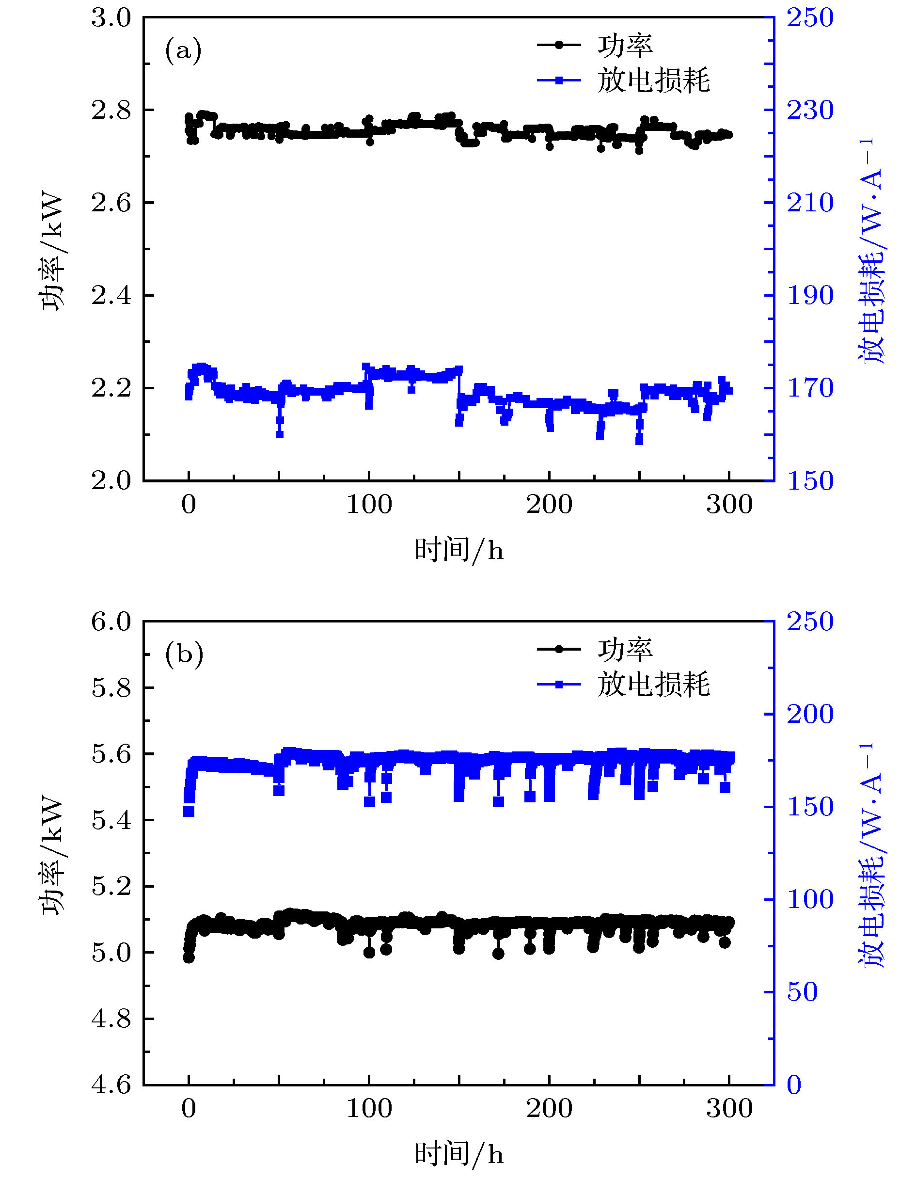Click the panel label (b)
point(184,654)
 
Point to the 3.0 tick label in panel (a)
point(111,18)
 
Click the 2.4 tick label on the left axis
point(111,296)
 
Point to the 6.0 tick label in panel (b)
point(111,622)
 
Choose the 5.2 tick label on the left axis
point(111,887)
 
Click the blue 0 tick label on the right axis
point(794,1085)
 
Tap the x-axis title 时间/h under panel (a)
point(459,551)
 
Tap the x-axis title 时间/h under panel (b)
point(459,1155)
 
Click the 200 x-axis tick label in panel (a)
point(549,505)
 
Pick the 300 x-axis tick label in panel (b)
point(729,1109)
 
